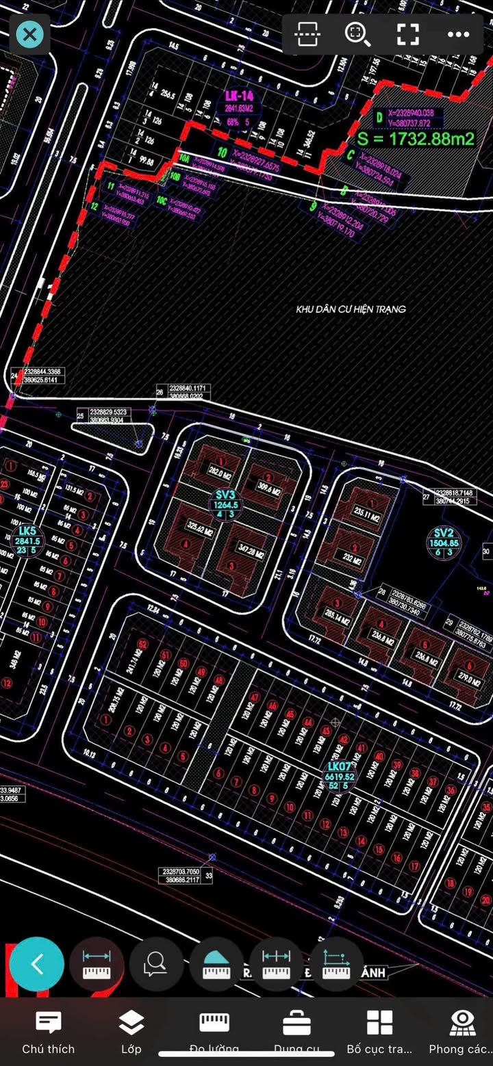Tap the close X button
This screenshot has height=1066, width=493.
click(x=29, y=34)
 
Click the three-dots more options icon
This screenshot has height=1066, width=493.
click(x=458, y=34)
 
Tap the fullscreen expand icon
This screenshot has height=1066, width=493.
click(x=408, y=34)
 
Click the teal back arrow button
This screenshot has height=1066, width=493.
click(x=37, y=965)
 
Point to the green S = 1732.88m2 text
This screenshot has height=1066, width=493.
click(x=416, y=139)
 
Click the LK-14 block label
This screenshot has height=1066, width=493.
click(x=238, y=96)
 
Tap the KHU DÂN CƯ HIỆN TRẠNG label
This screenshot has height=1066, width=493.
click(x=351, y=309)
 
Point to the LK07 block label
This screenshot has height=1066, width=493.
click(x=340, y=776)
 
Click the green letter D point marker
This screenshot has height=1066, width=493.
click(x=379, y=118)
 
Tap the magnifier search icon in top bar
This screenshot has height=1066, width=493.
click(x=357, y=34)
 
